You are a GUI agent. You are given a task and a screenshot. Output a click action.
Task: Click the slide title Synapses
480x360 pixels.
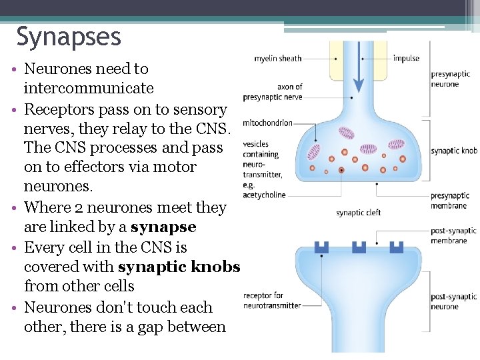[x=69, y=37]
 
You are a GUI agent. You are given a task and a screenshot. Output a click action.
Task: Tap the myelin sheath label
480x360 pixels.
[x=278, y=59]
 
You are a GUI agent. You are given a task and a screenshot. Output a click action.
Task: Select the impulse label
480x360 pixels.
[x=406, y=58]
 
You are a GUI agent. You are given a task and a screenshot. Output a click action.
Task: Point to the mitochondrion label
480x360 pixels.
[x=267, y=123]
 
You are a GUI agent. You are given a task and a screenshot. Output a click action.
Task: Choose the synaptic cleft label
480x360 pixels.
[x=359, y=213]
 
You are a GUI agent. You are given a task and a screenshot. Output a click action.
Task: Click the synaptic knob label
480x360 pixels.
[x=454, y=151]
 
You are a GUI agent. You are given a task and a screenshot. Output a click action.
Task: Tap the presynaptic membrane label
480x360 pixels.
[x=450, y=200]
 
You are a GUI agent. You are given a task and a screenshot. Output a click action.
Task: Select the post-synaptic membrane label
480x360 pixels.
[x=453, y=235]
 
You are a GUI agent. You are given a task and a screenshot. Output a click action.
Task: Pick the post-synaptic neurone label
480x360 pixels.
[x=453, y=301]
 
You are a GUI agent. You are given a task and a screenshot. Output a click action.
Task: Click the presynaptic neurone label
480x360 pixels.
[x=450, y=79]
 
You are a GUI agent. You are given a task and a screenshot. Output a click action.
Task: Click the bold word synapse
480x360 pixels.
[x=163, y=227]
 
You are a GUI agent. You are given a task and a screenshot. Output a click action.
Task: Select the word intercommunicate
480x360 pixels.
[x=89, y=89]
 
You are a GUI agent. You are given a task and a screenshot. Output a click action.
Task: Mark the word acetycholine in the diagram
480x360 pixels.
[x=264, y=195]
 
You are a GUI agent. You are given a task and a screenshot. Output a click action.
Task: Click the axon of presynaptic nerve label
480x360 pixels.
[x=273, y=92]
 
